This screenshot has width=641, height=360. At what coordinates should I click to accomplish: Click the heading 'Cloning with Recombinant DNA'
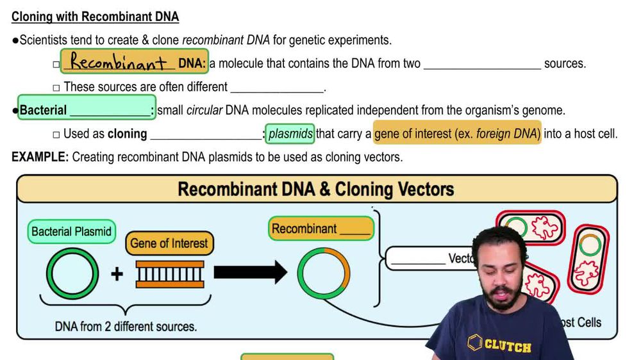95,17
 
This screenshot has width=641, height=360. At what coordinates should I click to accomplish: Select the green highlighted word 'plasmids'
290,134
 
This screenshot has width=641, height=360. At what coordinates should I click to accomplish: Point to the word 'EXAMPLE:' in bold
40,157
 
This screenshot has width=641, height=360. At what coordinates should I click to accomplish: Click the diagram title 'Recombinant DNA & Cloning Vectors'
315,189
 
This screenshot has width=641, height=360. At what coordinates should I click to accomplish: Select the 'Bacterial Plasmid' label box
71,231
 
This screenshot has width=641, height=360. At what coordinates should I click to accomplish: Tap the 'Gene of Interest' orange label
169,243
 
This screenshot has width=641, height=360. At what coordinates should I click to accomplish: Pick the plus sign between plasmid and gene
117,275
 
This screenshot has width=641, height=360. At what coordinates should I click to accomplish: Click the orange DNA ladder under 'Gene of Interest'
171,274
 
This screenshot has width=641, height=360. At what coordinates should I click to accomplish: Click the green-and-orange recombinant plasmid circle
324,272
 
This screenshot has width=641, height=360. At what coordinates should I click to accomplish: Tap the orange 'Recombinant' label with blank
321,229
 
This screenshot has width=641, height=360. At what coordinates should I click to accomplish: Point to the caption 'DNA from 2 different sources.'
126,326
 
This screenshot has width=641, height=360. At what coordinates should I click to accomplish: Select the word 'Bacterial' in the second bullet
43,110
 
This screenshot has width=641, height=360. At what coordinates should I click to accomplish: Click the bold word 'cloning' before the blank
127,134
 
